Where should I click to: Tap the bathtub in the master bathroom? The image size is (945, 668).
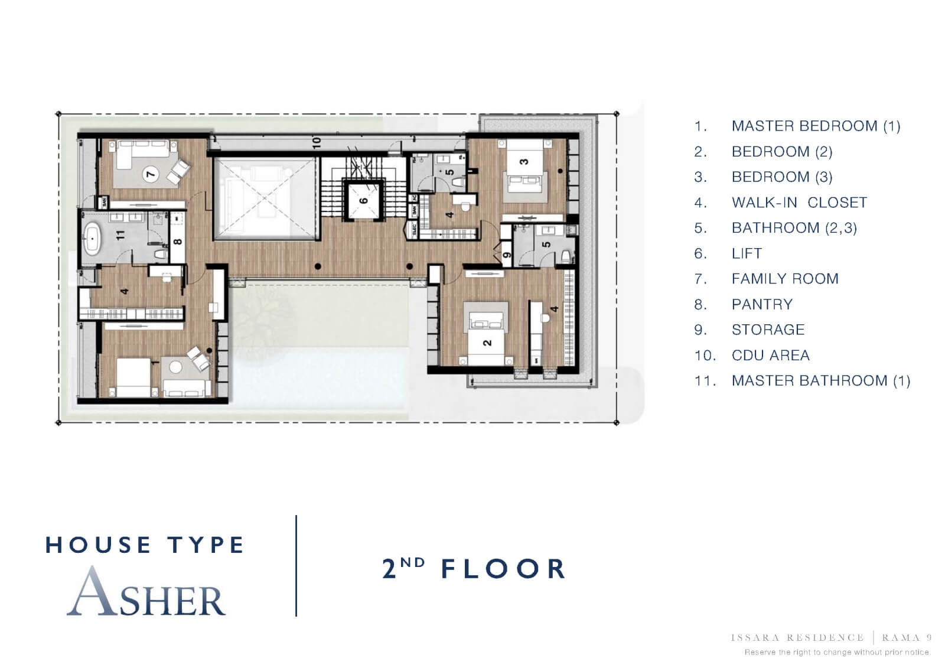[93, 239]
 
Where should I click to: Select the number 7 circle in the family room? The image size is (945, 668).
[151, 174]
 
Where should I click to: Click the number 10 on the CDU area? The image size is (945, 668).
[317, 142]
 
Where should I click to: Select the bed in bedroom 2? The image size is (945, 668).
[487, 334]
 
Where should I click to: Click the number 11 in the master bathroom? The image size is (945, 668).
[121, 234]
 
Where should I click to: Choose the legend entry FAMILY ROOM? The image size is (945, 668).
[784, 279]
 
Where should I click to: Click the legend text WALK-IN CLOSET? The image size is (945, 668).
[799, 203]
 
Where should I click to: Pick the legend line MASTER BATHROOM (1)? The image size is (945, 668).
[820, 381]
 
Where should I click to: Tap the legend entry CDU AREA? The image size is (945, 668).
[770, 356]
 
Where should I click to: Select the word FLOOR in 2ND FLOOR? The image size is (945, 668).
[504, 569]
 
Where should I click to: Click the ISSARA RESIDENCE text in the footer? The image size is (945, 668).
[797, 638]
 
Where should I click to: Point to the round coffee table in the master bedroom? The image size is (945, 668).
[176, 367]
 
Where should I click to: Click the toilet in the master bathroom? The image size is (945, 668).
[159, 255]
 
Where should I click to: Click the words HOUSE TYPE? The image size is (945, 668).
[145, 545]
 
